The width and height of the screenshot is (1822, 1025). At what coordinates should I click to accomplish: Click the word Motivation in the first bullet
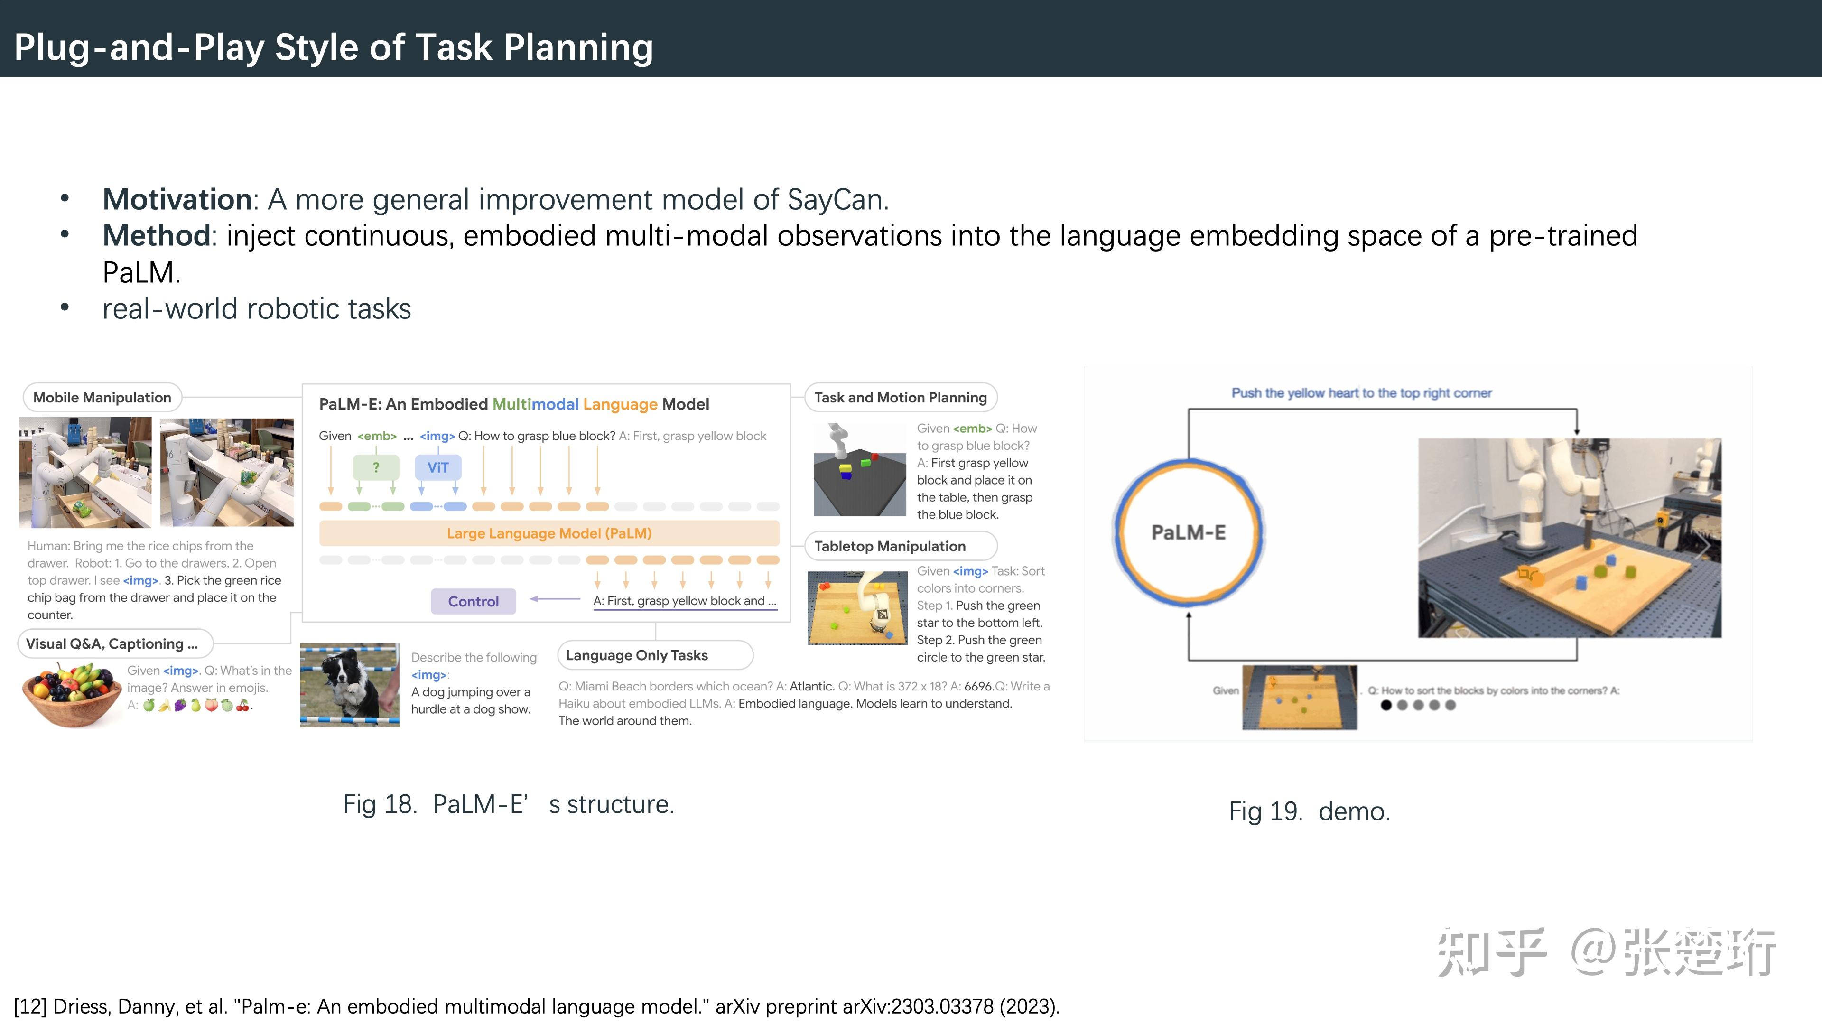177,199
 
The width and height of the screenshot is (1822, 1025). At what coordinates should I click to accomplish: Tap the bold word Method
156,235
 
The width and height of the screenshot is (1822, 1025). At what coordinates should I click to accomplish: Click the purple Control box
473,601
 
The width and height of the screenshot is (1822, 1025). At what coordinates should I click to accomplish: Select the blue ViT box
438,467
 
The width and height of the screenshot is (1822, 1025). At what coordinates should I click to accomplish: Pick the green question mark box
376,467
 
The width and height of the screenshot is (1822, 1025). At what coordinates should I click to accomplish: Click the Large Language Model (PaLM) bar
549,533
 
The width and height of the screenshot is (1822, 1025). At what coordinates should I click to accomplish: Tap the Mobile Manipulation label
102,398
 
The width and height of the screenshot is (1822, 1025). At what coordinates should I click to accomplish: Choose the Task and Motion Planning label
901,398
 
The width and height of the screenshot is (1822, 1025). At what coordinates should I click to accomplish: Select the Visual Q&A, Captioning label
114,644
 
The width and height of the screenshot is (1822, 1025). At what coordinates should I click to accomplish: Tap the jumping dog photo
349,685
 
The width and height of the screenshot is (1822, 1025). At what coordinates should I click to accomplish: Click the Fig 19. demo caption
1309,811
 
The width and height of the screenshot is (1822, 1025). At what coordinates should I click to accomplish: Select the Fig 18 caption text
509,804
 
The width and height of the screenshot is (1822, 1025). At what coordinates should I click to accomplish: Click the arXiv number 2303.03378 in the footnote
942,1006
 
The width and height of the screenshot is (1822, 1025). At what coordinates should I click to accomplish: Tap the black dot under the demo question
1385,705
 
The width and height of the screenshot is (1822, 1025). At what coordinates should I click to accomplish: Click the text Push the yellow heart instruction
1362,393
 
